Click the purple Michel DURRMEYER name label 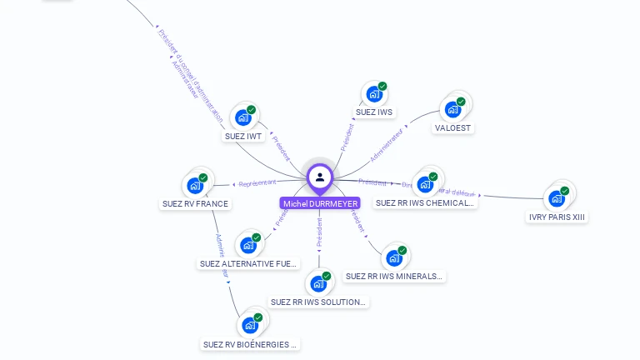pyautogui.click(x=320, y=203)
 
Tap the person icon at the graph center pyautogui.click(x=320, y=177)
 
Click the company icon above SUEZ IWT pyautogui.click(x=243, y=117)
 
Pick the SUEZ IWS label pyautogui.click(x=374, y=112)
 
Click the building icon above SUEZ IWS pyautogui.click(x=375, y=94)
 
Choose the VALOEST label pyautogui.click(x=453, y=128)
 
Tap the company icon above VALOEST pyautogui.click(x=453, y=109)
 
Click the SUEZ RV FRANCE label pyautogui.click(x=195, y=203)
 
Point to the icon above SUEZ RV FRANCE pyautogui.click(x=196, y=185)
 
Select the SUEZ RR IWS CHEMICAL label pyautogui.click(x=425, y=202)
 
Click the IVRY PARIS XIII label pyautogui.click(x=558, y=217)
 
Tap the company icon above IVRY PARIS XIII pyautogui.click(x=557, y=199)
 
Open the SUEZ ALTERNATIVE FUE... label pyautogui.click(x=248, y=263)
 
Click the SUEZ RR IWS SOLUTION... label pyautogui.click(x=318, y=302)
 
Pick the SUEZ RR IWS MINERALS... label pyautogui.click(x=394, y=276)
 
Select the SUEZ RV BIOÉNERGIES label pyautogui.click(x=250, y=344)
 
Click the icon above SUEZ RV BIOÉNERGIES pyautogui.click(x=250, y=325)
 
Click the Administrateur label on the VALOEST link pyautogui.click(x=387, y=144)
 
